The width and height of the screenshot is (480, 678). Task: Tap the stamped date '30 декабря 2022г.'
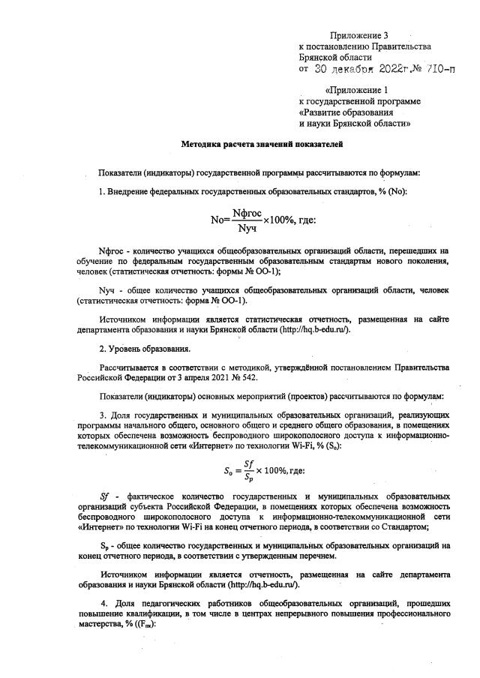[358, 68]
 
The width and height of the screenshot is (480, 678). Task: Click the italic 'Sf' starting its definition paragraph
[105, 496]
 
